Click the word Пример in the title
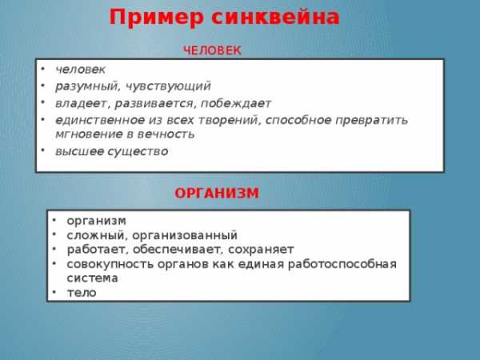157,18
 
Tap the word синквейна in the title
275,17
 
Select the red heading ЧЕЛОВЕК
212,50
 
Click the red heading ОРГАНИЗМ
217,193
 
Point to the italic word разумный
87,86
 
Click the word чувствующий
168,86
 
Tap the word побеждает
236,103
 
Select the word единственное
100,120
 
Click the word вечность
166,134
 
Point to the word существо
139,151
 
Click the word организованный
185,235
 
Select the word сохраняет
261,250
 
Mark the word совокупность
110,264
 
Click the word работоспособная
342,264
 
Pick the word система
93,278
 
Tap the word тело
82,293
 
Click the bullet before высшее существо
43,150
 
